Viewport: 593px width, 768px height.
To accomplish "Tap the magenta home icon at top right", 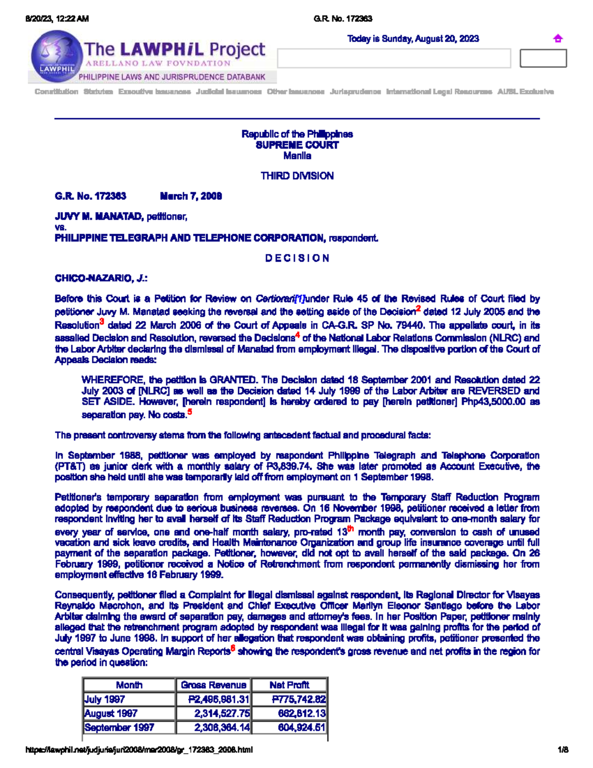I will pyautogui.click(x=558, y=39).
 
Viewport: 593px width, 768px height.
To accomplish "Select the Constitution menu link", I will pyautogui.click(x=56, y=91).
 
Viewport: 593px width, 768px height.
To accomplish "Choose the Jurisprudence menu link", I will pyautogui.click(x=355, y=91).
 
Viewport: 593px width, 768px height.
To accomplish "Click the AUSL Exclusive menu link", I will pyautogui.click(x=525, y=91).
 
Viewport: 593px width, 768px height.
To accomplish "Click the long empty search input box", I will pyautogui.click(x=394, y=58).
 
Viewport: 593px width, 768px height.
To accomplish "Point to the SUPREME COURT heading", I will pyautogui.click(x=297, y=145).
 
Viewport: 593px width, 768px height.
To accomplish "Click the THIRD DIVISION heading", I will pyautogui.click(x=297, y=176).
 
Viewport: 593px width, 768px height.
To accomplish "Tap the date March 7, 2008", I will pyautogui.click(x=191, y=196).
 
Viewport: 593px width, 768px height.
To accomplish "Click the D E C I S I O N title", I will pyautogui.click(x=297, y=258).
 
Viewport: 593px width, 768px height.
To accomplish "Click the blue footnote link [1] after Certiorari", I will pyautogui.click(x=299, y=299).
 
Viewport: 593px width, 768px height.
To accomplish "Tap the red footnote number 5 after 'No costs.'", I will pyautogui.click(x=190, y=412).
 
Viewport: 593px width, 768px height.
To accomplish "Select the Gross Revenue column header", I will pyautogui.click(x=213, y=685).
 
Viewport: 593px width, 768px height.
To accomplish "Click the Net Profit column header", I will pyautogui.click(x=289, y=685).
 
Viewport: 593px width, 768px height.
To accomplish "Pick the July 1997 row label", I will pyautogui.click(x=105, y=699).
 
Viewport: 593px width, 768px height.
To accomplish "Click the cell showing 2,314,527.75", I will pyautogui.click(x=222, y=714).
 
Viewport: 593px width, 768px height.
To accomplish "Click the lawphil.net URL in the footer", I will pyautogui.click(x=139, y=750).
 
